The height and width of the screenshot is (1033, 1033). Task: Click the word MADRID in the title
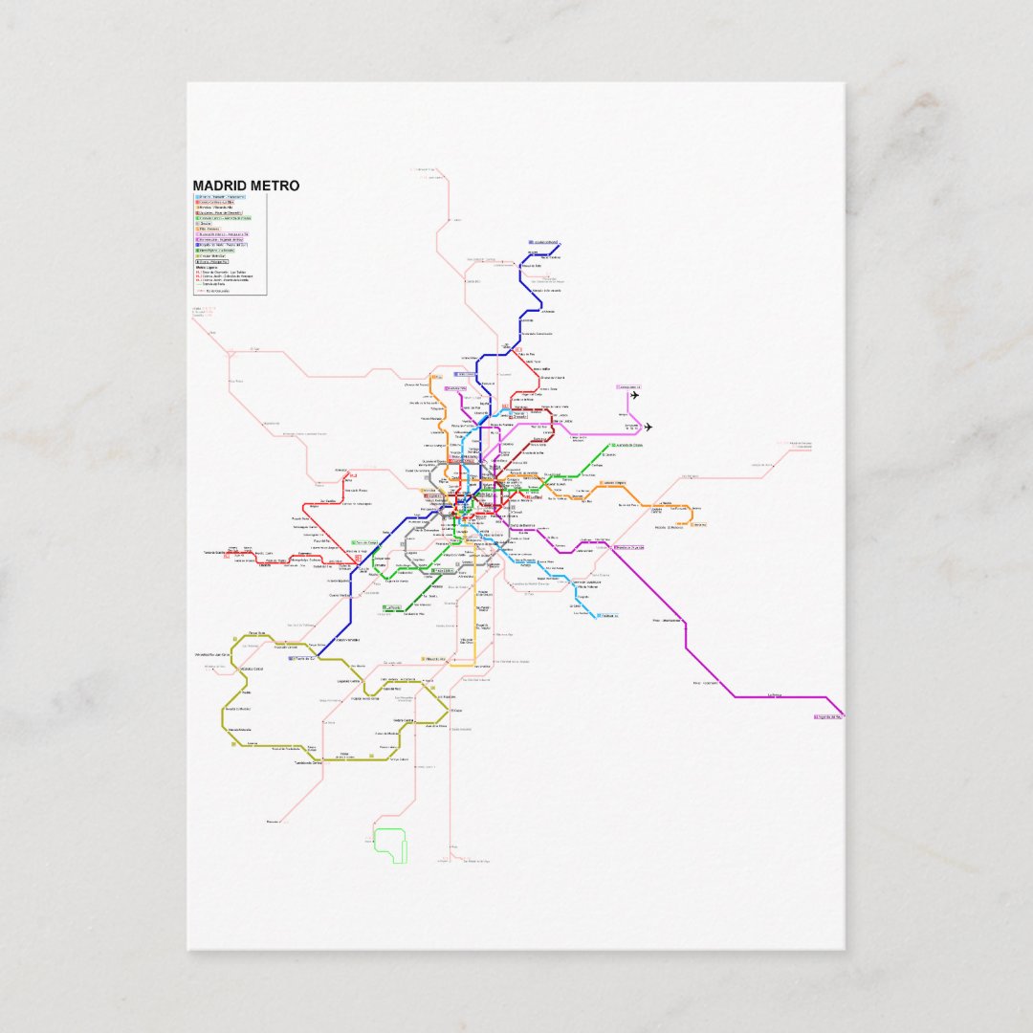(x=218, y=186)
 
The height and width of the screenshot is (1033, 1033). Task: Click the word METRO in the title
(x=273, y=186)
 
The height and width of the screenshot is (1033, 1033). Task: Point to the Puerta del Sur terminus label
(x=301, y=659)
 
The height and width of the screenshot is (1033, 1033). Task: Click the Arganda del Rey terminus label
(x=826, y=715)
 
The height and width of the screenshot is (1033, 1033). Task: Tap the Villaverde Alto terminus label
(x=436, y=659)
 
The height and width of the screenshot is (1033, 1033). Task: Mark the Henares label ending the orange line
(x=698, y=523)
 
